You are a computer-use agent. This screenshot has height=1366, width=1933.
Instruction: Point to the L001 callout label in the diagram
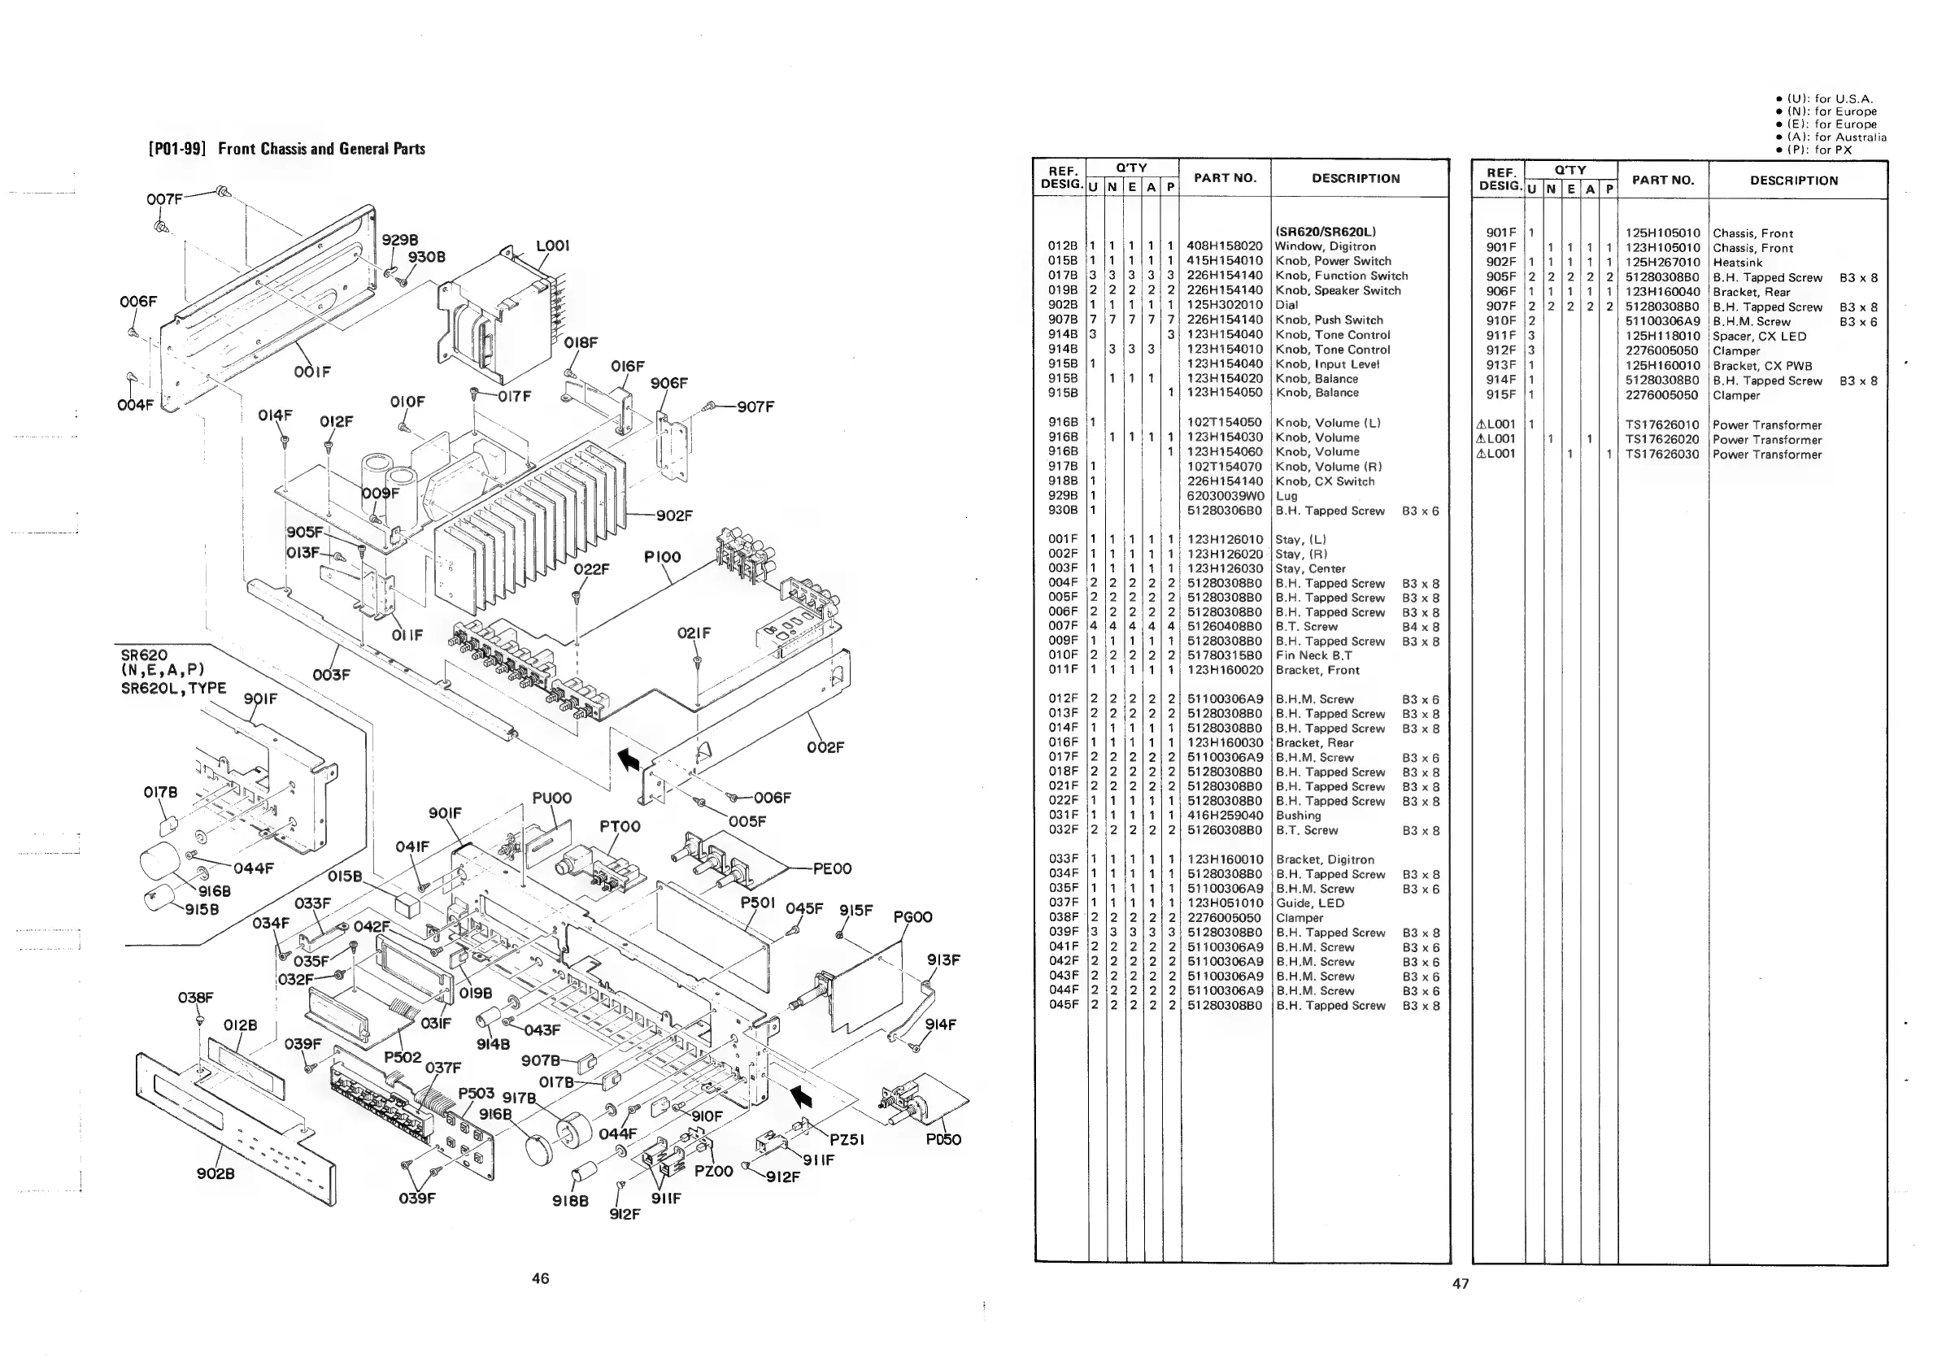tap(552, 246)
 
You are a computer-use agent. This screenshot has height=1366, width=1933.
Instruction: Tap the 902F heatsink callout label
tap(674, 516)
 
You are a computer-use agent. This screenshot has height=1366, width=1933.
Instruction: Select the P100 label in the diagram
tap(662, 557)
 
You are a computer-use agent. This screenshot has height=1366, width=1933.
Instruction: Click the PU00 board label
tap(551, 798)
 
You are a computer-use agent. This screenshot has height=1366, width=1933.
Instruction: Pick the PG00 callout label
tap(912, 916)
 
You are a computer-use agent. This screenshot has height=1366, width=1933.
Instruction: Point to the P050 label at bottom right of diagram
tap(943, 1140)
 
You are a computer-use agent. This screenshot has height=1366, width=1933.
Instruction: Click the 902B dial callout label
tap(216, 1173)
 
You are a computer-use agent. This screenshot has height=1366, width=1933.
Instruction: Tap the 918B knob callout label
tap(570, 1201)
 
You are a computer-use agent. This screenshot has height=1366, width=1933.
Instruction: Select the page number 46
tap(541, 1278)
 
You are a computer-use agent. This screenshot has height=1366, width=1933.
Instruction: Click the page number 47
tap(1461, 1284)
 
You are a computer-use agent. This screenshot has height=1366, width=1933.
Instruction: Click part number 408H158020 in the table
tap(1224, 246)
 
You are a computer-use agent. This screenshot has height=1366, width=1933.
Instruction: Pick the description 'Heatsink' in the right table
tap(1738, 263)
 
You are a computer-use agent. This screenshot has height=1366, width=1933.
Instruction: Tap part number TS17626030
tap(1662, 455)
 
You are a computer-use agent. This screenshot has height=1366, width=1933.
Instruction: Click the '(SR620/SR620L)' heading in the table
tap(1326, 232)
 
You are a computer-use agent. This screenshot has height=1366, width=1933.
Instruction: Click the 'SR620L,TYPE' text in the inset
tap(173, 688)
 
